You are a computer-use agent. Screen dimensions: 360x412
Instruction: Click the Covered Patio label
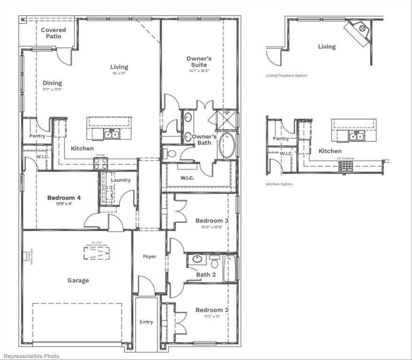tap(53, 33)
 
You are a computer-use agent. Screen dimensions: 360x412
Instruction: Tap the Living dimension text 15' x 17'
tap(119, 74)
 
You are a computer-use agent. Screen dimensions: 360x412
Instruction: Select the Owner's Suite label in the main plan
tap(199, 61)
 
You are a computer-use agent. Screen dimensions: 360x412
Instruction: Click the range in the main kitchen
tap(100, 163)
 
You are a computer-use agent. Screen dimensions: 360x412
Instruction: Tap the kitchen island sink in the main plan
tap(112, 135)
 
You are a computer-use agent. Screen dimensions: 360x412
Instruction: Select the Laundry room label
tap(121, 180)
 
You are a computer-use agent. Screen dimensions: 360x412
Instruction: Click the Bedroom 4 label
tap(64, 198)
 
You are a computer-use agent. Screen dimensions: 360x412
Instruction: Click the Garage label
tap(78, 280)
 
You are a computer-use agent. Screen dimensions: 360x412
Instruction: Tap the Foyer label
tap(149, 256)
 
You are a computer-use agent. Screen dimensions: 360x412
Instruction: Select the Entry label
tap(146, 322)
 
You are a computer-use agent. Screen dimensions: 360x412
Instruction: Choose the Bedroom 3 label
tap(212, 220)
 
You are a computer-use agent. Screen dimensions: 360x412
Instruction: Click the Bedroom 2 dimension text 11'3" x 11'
tap(212, 316)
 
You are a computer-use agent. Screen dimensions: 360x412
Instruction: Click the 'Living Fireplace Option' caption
tap(287, 75)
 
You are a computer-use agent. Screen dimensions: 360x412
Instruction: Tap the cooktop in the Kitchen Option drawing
tap(345, 166)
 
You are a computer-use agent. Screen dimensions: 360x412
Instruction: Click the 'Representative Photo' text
tap(30, 356)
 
